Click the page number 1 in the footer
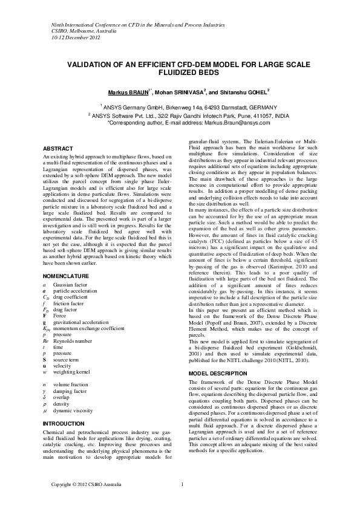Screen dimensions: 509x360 183,484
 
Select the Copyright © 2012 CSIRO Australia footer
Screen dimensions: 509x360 86,484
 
